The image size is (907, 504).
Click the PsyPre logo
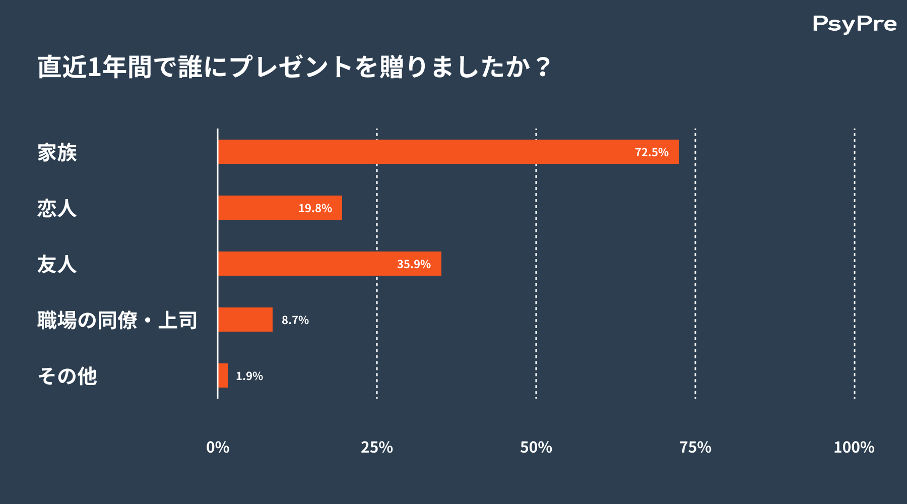pos(855,24)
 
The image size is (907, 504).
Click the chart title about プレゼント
pos(294,67)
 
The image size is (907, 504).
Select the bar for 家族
pos(448,152)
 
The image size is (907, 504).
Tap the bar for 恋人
pos(280,208)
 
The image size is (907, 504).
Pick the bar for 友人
pos(330,264)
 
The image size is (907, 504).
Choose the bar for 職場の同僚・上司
pos(245,320)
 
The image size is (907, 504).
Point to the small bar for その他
pos(223,375)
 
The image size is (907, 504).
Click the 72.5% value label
pos(652,152)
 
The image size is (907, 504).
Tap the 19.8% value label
pos(315,208)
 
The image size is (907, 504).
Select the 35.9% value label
pos(414,264)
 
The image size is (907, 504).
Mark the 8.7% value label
pos(295,320)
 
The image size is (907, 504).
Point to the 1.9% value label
pos(249,376)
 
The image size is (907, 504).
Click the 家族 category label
pos(57,152)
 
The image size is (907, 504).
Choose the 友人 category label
pos(57,264)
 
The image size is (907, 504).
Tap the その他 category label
pos(67,376)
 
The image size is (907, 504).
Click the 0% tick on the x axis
pos(218,447)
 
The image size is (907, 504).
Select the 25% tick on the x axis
pos(377,447)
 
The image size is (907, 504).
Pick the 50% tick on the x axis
pos(536,447)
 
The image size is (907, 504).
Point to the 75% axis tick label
pos(695,447)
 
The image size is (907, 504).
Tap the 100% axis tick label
pos(854,447)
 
